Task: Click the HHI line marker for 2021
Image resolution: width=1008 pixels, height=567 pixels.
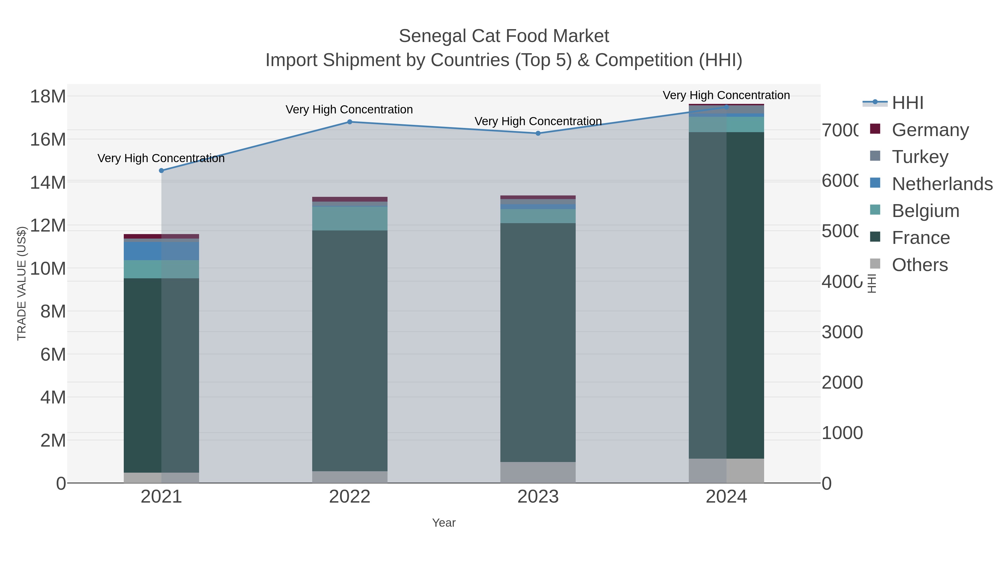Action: [x=161, y=171]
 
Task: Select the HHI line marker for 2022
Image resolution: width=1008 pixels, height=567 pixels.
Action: [x=349, y=122]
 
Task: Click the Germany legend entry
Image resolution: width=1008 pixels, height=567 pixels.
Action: [x=930, y=130]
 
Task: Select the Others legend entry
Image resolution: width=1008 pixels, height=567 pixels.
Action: [x=920, y=265]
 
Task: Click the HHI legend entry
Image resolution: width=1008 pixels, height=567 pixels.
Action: [x=907, y=103]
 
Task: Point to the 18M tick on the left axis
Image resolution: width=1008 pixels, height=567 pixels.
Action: [x=48, y=96]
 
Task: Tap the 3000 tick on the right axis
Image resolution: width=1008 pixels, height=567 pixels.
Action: [x=842, y=332]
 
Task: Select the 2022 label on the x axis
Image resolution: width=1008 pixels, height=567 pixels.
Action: [x=349, y=497]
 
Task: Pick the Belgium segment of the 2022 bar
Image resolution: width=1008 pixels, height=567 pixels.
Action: [x=349, y=218]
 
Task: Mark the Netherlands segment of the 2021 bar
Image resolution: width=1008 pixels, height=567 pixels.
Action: [x=161, y=251]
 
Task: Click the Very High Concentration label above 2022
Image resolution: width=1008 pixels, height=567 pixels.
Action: [x=349, y=109]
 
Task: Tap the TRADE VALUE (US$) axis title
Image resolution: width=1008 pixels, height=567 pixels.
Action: [x=22, y=284]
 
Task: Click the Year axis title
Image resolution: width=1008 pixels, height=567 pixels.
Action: [x=444, y=523]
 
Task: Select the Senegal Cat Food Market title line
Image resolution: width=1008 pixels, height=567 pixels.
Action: [x=504, y=36]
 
